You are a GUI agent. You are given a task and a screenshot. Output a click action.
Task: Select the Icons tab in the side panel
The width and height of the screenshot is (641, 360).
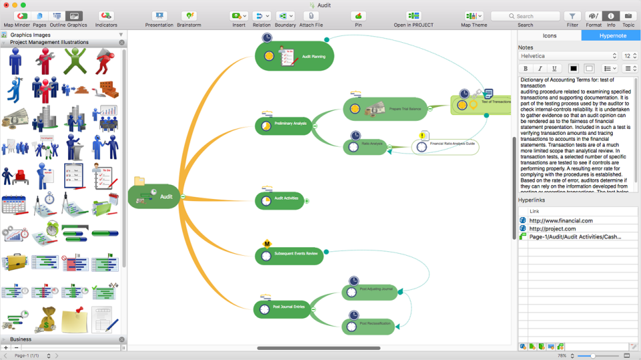click(x=550, y=35)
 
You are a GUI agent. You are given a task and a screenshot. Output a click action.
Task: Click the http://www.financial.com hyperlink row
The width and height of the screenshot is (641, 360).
click(x=561, y=220)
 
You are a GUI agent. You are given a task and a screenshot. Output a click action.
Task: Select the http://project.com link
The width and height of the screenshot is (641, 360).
click(x=552, y=228)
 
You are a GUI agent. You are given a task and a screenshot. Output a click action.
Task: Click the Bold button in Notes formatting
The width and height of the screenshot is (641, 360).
click(x=525, y=68)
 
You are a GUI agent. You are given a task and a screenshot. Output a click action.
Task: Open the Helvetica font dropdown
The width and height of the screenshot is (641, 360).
click(x=568, y=56)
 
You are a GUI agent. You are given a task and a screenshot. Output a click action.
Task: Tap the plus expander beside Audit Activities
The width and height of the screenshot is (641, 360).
click(x=307, y=200)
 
